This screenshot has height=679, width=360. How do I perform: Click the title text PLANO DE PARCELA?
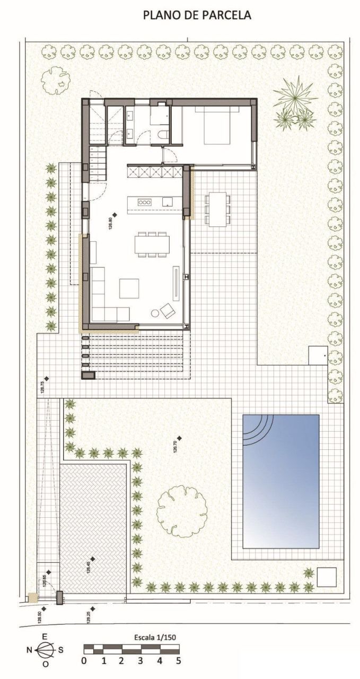pyautogui.click(x=197, y=16)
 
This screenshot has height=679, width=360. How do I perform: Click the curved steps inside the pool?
pyautogui.click(x=257, y=429)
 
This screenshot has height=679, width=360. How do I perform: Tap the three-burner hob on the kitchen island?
pyautogui.click(x=145, y=202)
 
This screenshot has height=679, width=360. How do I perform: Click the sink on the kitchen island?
pyautogui.click(x=167, y=202)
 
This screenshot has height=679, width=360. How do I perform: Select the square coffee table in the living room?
pyautogui.click(x=129, y=289)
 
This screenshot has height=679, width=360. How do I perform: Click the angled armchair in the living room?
pyautogui.click(x=168, y=310)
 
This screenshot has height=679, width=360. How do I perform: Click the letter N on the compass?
pyautogui.click(x=29, y=649)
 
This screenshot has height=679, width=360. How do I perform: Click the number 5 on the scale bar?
pyautogui.click(x=179, y=661)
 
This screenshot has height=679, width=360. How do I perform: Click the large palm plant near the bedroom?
pyautogui.click(x=294, y=102)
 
